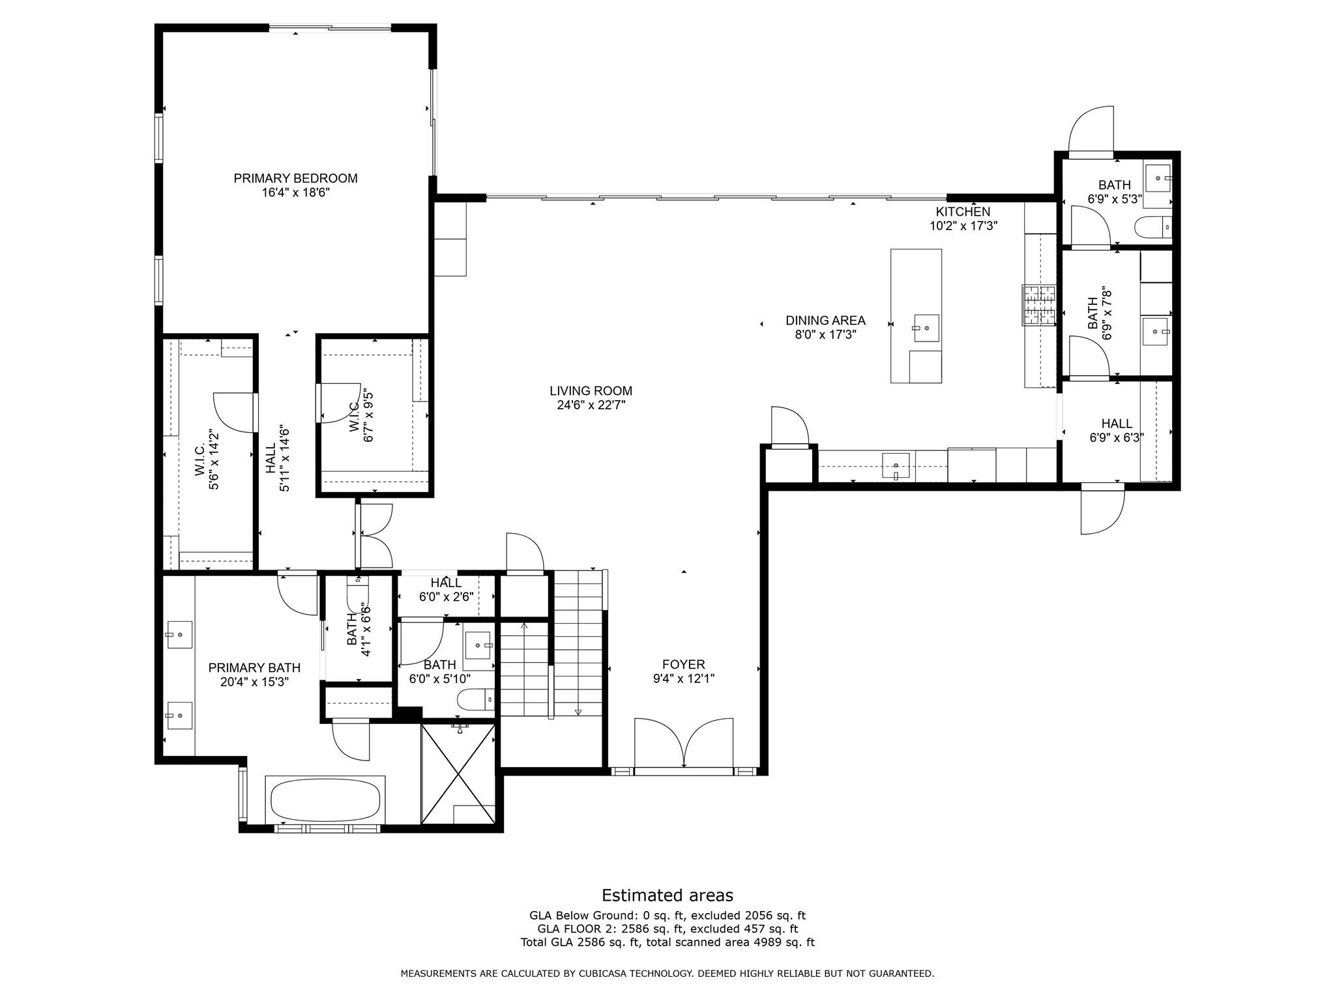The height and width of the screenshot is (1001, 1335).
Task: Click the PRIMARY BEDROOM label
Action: (x=295, y=178)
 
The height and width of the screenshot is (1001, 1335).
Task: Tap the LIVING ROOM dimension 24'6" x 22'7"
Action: (x=591, y=405)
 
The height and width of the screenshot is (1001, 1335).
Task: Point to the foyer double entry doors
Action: (x=683, y=745)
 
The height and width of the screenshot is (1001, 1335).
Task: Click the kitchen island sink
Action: (x=926, y=328)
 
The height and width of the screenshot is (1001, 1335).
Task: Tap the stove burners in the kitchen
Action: (x=1038, y=305)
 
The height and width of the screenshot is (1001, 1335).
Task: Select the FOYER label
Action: (x=683, y=664)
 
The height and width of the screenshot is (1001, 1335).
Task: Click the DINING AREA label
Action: (x=825, y=320)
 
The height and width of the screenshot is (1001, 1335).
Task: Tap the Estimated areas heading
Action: (x=667, y=895)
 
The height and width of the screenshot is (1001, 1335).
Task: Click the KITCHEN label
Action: (x=963, y=211)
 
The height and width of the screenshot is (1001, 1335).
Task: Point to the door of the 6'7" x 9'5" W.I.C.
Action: (x=334, y=404)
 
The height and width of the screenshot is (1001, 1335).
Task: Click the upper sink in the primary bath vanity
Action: (x=179, y=634)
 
